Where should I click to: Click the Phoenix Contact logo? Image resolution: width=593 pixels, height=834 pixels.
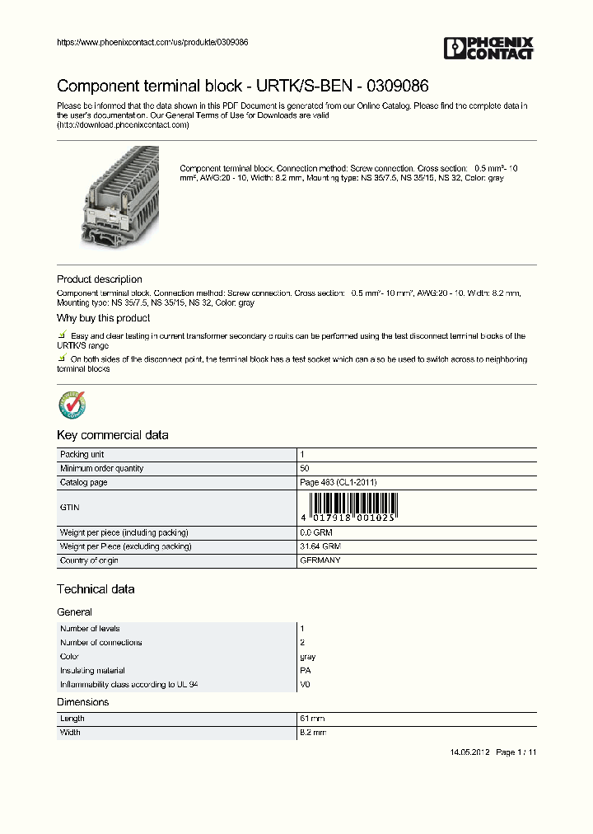tap(489, 48)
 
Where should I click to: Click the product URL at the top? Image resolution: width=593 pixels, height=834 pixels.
tap(152, 42)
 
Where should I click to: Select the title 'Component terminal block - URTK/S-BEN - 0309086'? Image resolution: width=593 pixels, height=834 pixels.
tap(242, 86)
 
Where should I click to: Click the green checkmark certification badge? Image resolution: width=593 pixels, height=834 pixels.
tap(72, 405)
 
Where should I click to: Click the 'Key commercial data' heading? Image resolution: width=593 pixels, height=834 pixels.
tap(112, 435)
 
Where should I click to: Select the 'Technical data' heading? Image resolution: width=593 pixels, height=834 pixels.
tap(96, 589)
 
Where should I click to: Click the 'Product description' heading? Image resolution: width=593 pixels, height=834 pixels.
tap(99, 279)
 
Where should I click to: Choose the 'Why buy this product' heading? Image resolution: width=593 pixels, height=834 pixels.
tap(103, 318)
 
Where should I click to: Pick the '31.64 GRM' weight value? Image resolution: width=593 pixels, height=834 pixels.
tap(320, 546)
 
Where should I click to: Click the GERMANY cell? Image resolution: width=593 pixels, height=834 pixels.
tap(320, 560)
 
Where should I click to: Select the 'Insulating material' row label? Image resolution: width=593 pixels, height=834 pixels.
tap(92, 671)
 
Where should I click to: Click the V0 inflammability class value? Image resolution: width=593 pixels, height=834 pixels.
tap(305, 685)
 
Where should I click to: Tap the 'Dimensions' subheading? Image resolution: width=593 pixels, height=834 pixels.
tap(82, 702)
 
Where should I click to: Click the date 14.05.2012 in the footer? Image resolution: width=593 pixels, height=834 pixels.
tap(470, 752)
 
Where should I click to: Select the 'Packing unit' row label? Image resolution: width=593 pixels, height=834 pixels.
tap(82, 455)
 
